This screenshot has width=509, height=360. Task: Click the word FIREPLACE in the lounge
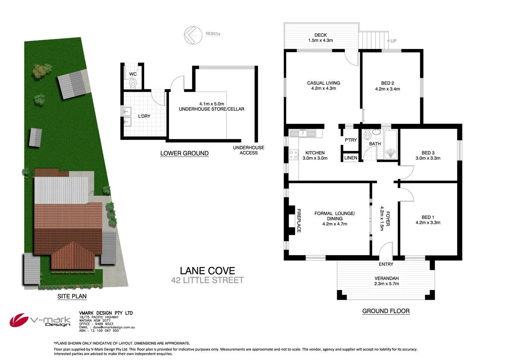pyautogui.click(x=299, y=220)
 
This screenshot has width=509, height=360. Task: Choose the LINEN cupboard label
pyautogui.click(x=351, y=158)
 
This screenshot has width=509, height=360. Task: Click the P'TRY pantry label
pyautogui.click(x=351, y=140)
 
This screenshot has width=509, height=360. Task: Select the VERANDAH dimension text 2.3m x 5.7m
pyautogui.click(x=386, y=284)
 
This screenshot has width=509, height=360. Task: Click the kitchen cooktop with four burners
pyautogui.click(x=294, y=155)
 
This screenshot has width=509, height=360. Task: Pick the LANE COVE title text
pyautogui.click(x=207, y=271)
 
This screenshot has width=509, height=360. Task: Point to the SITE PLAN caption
pyautogui.click(x=72, y=296)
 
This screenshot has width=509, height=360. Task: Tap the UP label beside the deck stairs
pyautogui.click(x=393, y=41)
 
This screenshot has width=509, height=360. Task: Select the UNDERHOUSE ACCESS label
pyautogui.click(x=248, y=150)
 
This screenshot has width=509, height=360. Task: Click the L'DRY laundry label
pyautogui.click(x=144, y=116)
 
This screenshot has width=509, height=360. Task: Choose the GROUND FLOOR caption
pyautogui.click(x=386, y=311)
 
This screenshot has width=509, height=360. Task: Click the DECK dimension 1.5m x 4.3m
pyautogui.click(x=320, y=40)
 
